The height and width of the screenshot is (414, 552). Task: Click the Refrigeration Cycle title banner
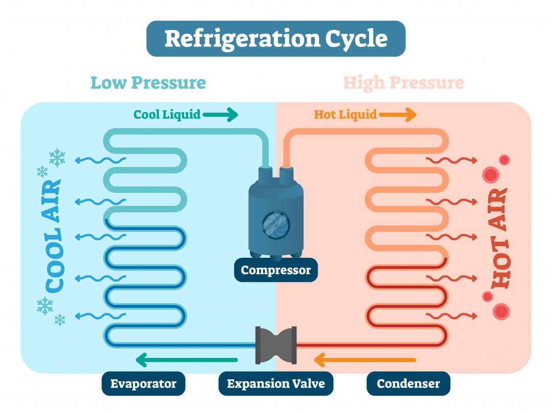(x=275, y=39)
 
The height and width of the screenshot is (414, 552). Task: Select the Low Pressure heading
(x=148, y=83)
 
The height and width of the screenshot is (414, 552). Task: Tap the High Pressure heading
(x=403, y=83)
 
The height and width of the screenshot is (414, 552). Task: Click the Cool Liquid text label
(x=167, y=114)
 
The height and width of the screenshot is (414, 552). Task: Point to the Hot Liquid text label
(x=345, y=114)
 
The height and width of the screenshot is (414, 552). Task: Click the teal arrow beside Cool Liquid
(x=220, y=115)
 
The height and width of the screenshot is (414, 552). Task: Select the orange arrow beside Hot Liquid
(x=398, y=115)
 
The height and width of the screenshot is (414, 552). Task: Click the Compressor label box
(x=275, y=270)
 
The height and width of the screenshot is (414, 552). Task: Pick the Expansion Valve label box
(x=275, y=383)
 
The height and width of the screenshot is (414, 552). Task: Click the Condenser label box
(x=408, y=383)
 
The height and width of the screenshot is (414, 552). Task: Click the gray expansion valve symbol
(x=276, y=345)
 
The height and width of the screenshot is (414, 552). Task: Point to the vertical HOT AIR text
(x=498, y=237)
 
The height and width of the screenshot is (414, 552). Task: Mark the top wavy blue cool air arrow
(x=100, y=161)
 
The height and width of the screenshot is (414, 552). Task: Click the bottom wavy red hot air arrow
(x=452, y=316)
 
